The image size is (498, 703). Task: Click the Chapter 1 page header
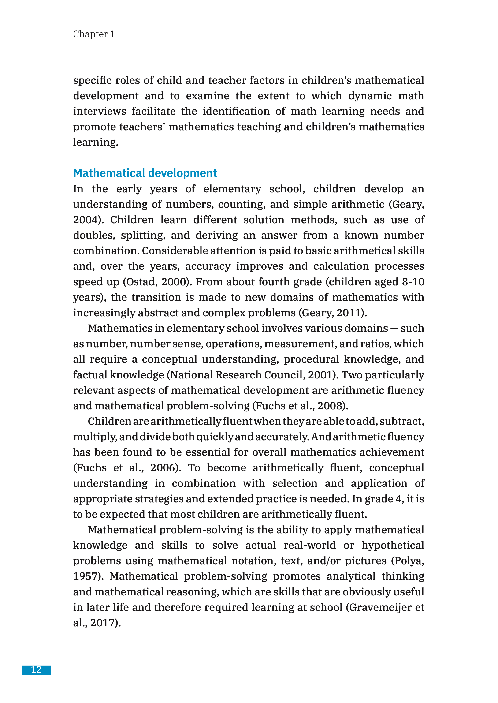94,34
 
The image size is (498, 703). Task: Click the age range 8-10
413,282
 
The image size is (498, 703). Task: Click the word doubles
94,235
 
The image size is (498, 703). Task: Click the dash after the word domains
394,329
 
